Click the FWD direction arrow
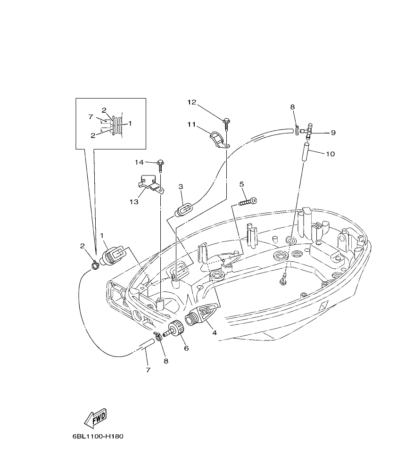(x=95, y=417)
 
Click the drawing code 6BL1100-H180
(x=98, y=437)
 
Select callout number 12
(x=191, y=102)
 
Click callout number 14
(x=139, y=162)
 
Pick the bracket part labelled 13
(x=150, y=183)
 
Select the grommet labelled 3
(x=184, y=209)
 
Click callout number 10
(x=330, y=154)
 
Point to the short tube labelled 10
(x=305, y=154)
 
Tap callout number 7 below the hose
(x=148, y=370)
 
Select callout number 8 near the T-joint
(x=292, y=108)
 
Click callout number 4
(x=215, y=332)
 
